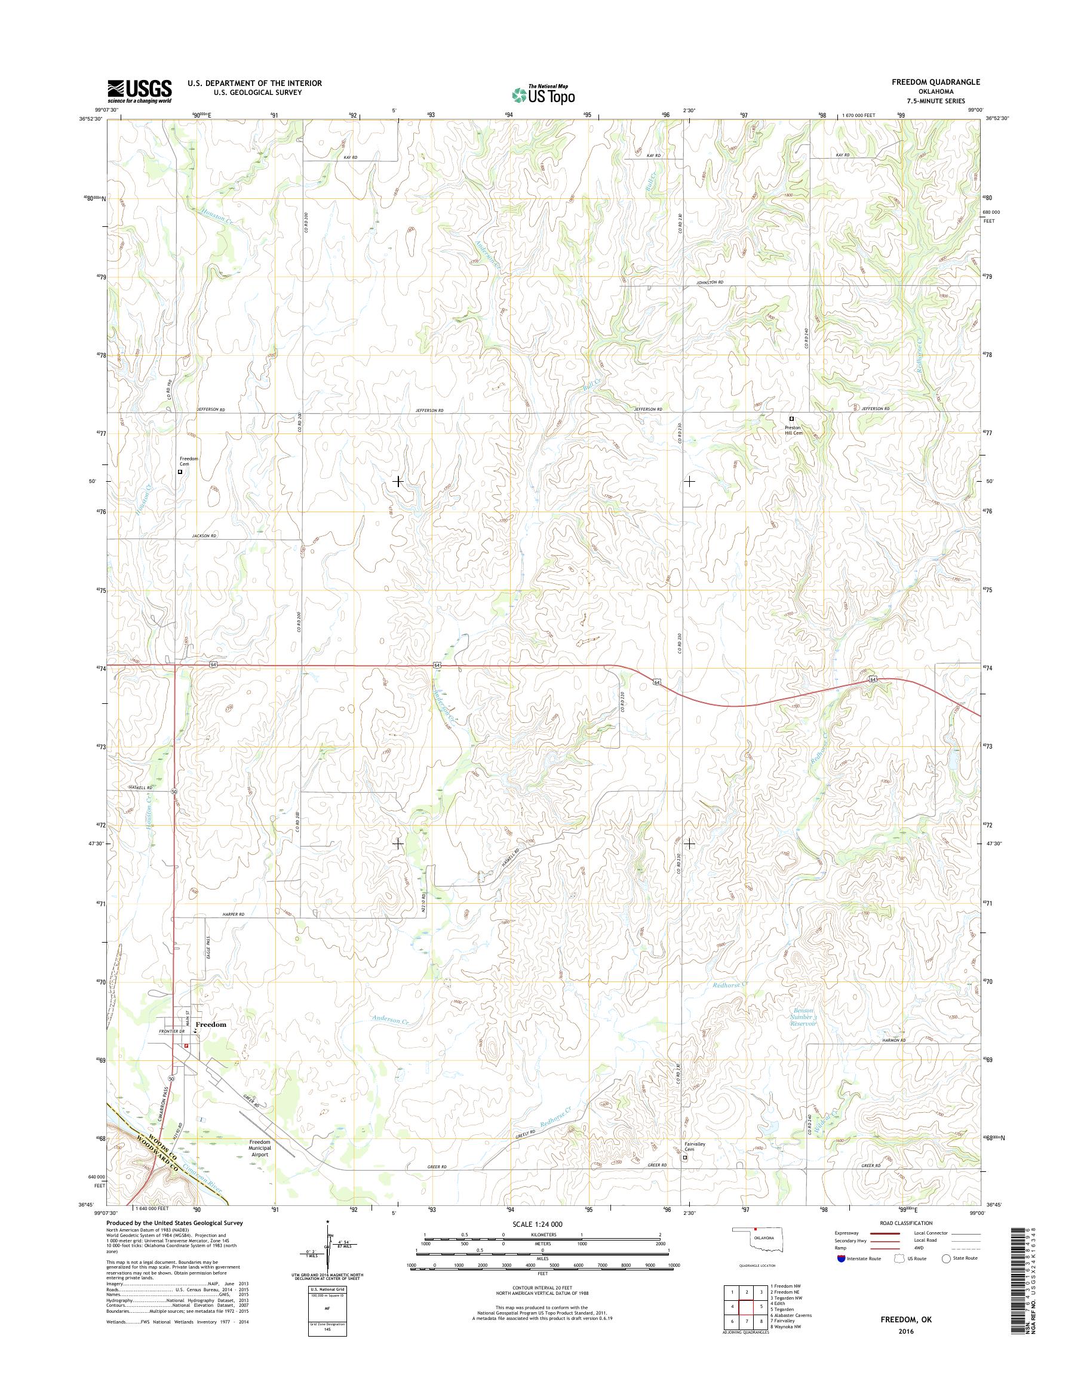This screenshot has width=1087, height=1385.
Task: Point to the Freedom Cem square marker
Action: [x=180, y=472]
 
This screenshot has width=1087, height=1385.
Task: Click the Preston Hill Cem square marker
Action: [x=792, y=418]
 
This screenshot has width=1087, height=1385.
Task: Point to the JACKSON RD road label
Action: [x=204, y=536]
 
